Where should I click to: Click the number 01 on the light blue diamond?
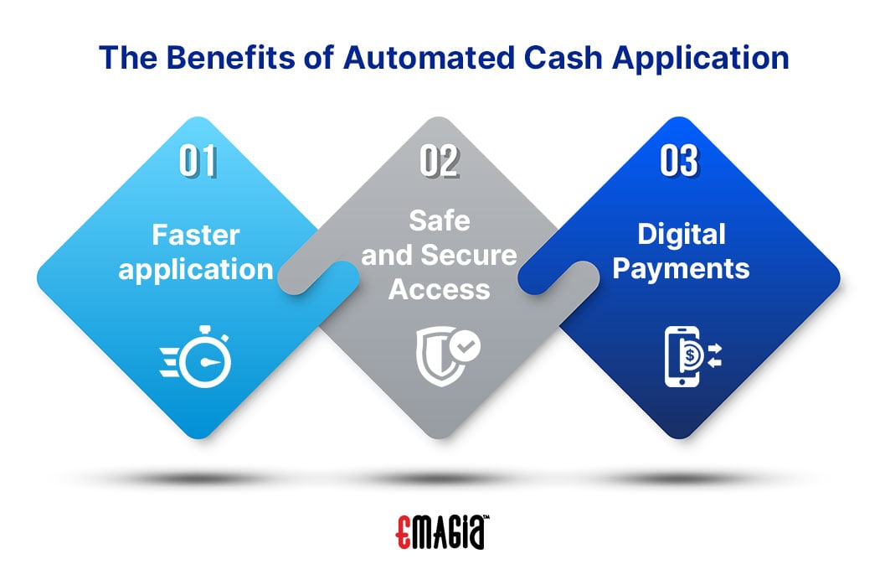pyautogui.click(x=198, y=161)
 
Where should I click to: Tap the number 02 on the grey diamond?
pyautogui.click(x=439, y=161)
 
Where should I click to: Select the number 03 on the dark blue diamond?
pyautogui.click(x=680, y=161)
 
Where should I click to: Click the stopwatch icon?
pyautogui.click(x=196, y=357)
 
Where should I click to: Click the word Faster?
pyautogui.click(x=196, y=235)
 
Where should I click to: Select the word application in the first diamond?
pyautogui.click(x=196, y=269)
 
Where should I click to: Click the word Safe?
pyautogui.click(x=439, y=220)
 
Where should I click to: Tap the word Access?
pyautogui.click(x=439, y=290)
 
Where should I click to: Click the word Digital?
pyautogui.click(x=682, y=235)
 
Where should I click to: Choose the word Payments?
pyautogui.click(x=682, y=269)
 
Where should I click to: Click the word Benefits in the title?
pyautogui.click(x=231, y=58)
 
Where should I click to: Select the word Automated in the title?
pyautogui.click(x=429, y=58)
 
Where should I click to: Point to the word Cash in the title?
pyautogui.click(x=563, y=58)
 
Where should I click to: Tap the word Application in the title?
pyautogui.click(x=701, y=59)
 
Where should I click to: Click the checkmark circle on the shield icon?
pyautogui.click(x=465, y=346)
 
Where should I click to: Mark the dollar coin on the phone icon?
pyautogui.click(x=691, y=355)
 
